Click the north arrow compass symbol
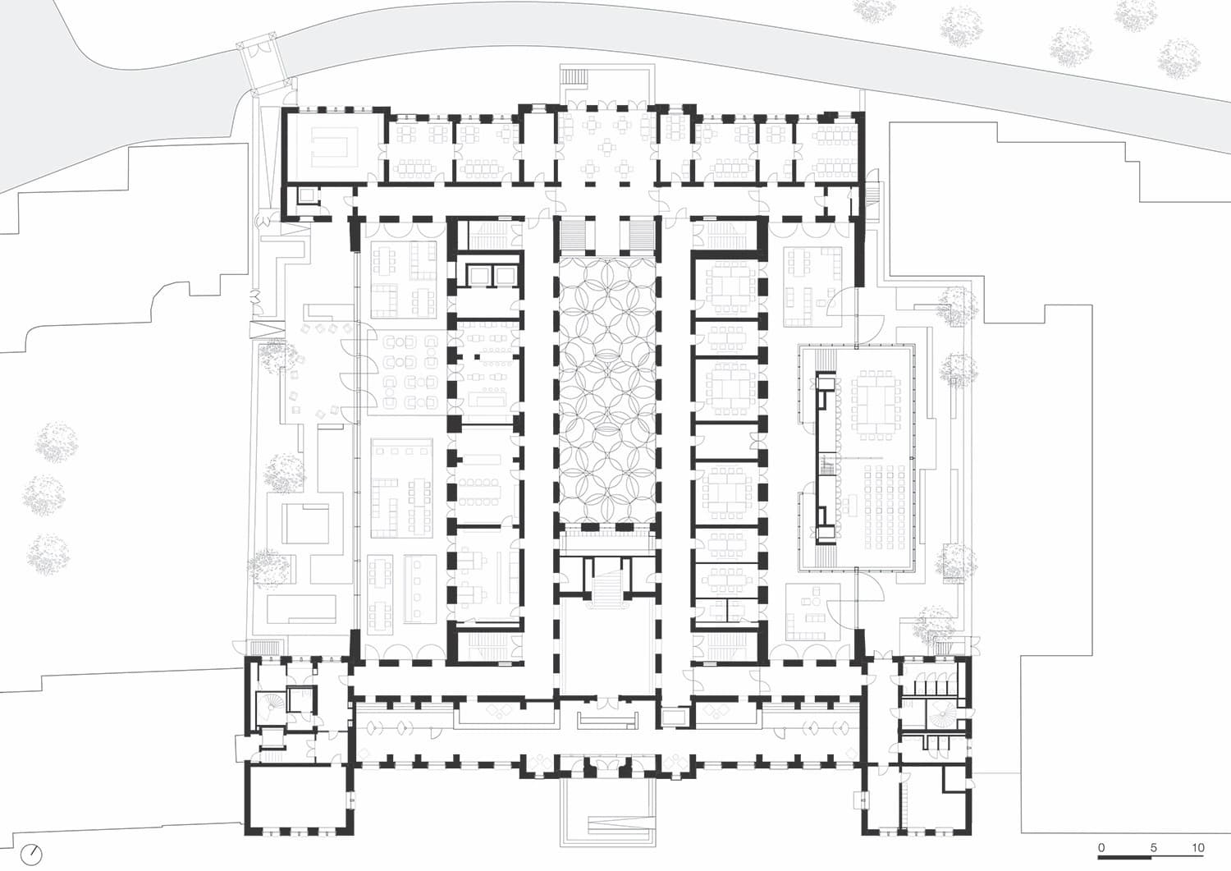[x=30, y=854]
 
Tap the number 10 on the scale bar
[x=1197, y=847]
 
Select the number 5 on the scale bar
[x=1153, y=847]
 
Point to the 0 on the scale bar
[x=1101, y=847]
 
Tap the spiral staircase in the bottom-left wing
[x=270, y=707]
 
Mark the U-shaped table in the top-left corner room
[x=332, y=145]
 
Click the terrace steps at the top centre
[x=575, y=77]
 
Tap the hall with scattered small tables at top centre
[x=607, y=146]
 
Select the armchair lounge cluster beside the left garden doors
[x=408, y=371]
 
